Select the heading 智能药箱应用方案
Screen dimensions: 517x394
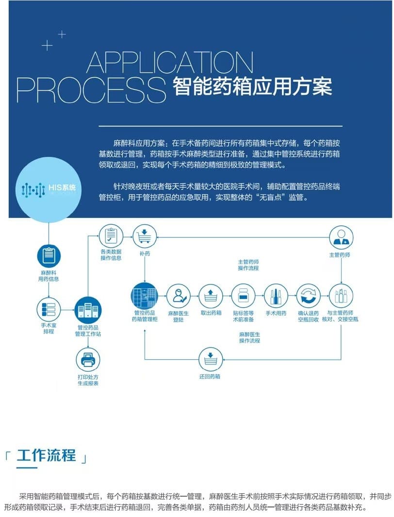click(x=252, y=87)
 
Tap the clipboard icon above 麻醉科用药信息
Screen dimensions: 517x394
click(x=49, y=254)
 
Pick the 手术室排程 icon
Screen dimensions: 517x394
click(x=49, y=309)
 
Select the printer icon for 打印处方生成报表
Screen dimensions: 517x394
click(x=88, y=360)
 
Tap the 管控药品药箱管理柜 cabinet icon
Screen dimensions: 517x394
click(x=144, y=296)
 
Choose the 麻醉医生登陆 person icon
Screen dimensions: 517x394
click(x=179, y=296)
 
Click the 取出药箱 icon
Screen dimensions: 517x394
click(x=211, y=296)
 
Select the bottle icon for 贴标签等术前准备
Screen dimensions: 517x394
click(x=243, y=296)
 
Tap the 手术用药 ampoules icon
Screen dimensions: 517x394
click(x=276, y=296)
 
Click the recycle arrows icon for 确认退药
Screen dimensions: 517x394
click(x=309, y=296)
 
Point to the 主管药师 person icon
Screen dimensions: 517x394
click(x=341, y=238)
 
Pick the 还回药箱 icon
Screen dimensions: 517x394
click(x=211, y=360)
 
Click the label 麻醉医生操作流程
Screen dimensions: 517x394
click(x=249, y=337)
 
